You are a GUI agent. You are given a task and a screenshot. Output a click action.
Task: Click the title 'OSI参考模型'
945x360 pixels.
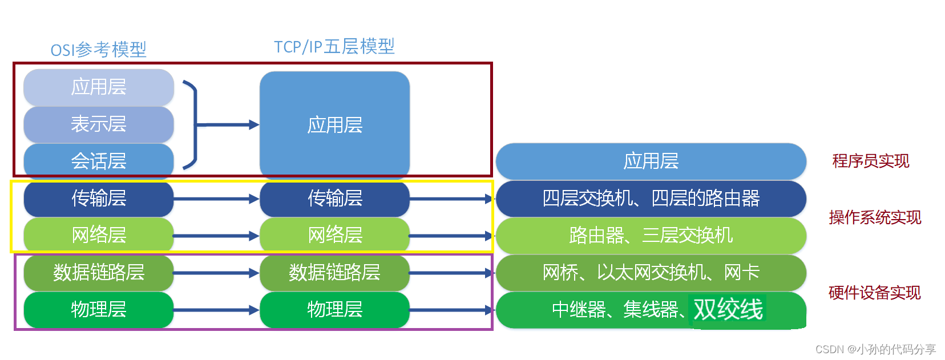click(98, 50)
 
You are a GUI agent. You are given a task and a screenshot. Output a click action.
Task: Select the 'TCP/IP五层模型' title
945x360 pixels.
click(334, 46)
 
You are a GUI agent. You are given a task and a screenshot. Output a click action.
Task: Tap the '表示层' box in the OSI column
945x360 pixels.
click(98, 124)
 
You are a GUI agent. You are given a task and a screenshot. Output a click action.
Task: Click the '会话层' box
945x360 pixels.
click(98, 161)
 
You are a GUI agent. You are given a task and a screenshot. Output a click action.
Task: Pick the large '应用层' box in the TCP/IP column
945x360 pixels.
click(334, 124)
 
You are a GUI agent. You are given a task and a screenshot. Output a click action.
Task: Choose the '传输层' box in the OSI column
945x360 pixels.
click(98, 199)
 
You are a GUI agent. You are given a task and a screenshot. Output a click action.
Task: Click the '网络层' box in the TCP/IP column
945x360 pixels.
click(334, 235)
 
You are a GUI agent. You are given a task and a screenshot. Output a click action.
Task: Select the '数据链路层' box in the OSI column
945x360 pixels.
click(98, 272)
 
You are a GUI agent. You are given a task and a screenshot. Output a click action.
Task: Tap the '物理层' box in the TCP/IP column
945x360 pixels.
click(334, 309)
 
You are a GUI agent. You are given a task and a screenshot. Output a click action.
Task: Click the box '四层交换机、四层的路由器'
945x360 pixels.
click(651, 199)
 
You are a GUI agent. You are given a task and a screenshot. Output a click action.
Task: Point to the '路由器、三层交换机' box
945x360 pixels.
click(651, 235)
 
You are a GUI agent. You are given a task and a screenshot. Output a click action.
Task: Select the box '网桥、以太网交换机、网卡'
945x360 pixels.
click(651, 272)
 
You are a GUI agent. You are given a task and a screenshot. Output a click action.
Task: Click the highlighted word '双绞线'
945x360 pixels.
click(728, 310)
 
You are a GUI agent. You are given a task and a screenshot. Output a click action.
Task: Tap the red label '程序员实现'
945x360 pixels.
click(870, 161)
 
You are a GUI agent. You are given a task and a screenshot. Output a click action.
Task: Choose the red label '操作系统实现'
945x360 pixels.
click(875, 217)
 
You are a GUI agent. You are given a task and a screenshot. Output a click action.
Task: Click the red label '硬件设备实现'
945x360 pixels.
click(874, 293)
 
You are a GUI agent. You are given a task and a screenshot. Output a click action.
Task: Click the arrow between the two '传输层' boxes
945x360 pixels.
click(216, 199)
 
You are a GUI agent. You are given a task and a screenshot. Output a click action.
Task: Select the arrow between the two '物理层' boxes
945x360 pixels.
click(216, 310)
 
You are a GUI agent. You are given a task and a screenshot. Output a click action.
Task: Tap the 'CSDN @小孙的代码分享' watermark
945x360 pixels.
click(875, 349)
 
